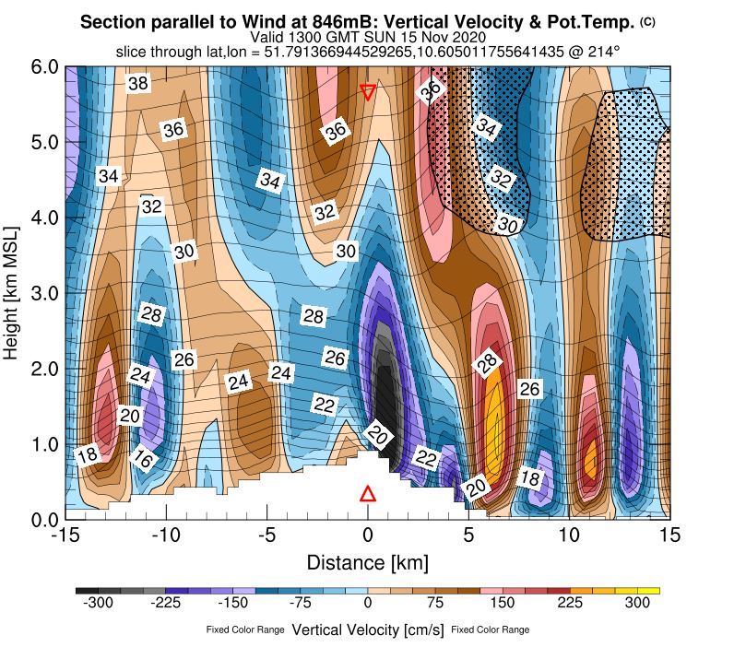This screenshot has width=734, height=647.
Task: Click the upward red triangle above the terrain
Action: coord(368,493)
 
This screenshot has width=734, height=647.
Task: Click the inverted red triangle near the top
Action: coord(368,91)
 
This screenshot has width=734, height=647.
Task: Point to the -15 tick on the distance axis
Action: coord(65,535)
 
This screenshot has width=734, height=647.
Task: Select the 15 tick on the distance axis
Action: coord(670,535)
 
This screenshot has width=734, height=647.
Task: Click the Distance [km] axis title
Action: coord(367,561)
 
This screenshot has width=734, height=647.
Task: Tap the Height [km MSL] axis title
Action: coord(14,293)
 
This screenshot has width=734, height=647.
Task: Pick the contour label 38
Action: coord(138,84)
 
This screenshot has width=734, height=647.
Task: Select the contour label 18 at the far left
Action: coord(87,453)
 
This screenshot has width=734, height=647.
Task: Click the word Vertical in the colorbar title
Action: coord(319,630)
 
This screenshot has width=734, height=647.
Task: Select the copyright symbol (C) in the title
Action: coord(647,20)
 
